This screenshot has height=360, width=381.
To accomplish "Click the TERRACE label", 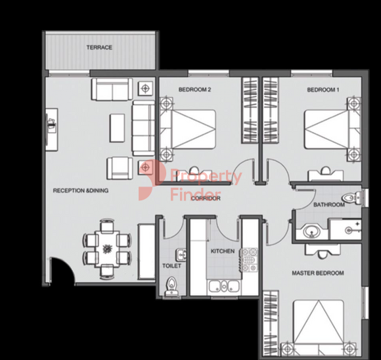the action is [x=99, y=47].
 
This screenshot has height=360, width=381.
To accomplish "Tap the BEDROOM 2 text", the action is [x=194, y=90].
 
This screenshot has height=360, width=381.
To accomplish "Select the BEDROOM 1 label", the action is [x=323, y=90].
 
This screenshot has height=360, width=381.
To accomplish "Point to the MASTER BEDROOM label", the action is [x=318, y=273].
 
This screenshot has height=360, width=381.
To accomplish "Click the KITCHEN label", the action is [x=223, y=251].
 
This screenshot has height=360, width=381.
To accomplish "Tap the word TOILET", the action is [x=171, y=266].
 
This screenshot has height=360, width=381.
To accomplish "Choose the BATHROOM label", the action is [x=329, y=205].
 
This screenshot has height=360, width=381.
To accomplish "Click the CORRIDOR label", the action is [x=206, y=198].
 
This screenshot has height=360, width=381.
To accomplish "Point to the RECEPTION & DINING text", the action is [x=81, y=191].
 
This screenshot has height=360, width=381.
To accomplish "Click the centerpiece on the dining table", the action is [x=107, y=249].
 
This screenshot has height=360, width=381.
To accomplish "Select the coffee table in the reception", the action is [x=117, y=128].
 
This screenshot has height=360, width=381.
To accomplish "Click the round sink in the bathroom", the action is [x=311, y=232].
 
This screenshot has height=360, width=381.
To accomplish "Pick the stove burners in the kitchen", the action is [x=250, y=260].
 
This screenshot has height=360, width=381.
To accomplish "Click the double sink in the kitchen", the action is [x=224, y=286].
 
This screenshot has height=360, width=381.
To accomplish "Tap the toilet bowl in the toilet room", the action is [x=172, y=286].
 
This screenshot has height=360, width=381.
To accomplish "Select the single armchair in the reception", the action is [x=120, y=168].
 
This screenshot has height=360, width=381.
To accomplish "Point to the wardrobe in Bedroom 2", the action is [x=250, y=110].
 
